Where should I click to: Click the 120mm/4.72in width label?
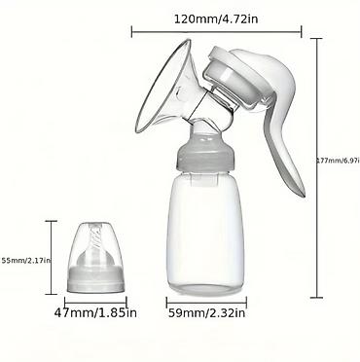pyautogui.click(x=216, y=19)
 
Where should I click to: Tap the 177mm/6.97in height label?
pyautogui.click(x=338, y=161)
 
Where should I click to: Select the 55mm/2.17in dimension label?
pyautogui.click(x=25, y=260)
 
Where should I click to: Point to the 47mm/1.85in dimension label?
pyautogui.click(x=95, y=312)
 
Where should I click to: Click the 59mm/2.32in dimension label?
pyautogui.click(x=206, y=313)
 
